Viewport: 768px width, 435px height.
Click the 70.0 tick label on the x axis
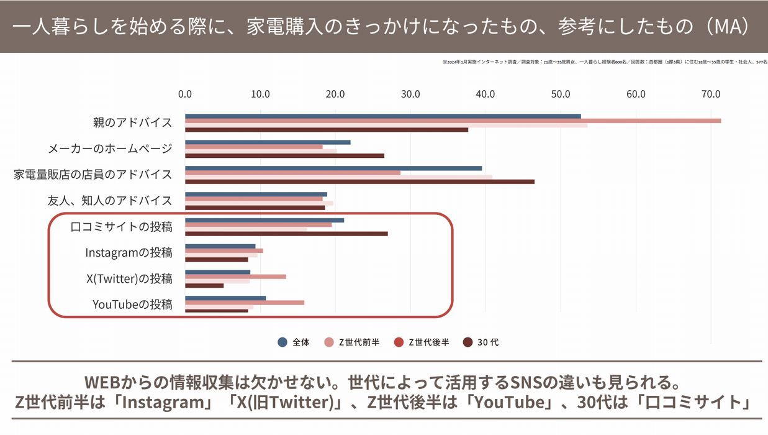coord(711,94)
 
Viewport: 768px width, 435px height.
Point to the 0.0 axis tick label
coord(185,94)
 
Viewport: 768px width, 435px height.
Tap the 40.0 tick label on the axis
coord(485,94)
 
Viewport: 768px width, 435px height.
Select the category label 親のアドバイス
coord(132,122)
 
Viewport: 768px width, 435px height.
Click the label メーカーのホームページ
coord(110,149)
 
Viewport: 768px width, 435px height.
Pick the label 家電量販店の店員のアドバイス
coord(93,175)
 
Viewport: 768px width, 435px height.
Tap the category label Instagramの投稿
coord(129,252)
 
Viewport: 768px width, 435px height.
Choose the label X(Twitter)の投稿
coord(129,278)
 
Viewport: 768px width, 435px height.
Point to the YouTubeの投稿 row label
coord(132,304)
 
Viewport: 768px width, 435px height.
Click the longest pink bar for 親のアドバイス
coord(453,121)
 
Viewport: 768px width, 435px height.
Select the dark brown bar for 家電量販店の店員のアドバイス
coord(359,181)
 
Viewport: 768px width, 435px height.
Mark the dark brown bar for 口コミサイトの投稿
coord(286,234)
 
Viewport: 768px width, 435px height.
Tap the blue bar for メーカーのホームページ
coord(268,142)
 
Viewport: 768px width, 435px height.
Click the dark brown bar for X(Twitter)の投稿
coord(204,285)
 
